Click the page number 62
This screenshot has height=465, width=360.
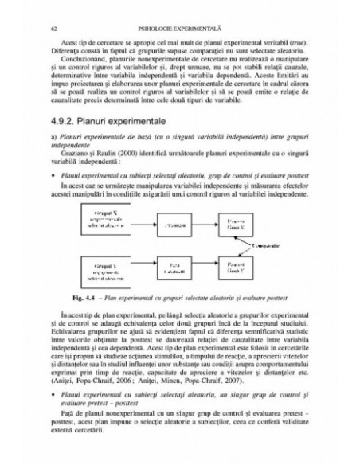(x=53, y=29)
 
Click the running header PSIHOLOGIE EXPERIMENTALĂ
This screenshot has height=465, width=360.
(x=182, y=29)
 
